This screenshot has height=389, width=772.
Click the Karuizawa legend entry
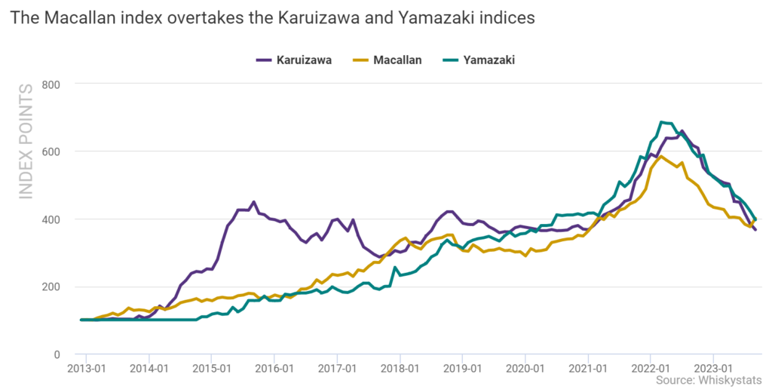[294, 60]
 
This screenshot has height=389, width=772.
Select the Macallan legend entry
[387, 60]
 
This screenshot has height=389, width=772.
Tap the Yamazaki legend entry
[479, 60]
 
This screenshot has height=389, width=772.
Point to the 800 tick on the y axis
[51, 84]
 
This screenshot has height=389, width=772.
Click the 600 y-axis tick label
[51, 152]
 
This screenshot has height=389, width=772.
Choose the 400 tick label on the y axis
[51, 219]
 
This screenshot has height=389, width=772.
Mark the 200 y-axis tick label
[51, 287]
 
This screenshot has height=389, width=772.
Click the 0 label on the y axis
[57, 354]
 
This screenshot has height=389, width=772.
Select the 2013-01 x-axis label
[86, 369]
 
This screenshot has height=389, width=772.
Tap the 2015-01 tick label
[212, 369]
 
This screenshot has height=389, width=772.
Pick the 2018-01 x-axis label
[400, 369]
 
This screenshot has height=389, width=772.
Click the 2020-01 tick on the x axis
[525, 369]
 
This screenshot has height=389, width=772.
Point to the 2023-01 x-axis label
[713, 369]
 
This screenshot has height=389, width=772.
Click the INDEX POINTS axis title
[26, 142]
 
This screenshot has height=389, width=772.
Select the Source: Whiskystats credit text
[709, 380]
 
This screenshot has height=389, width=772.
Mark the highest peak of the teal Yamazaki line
[662, 122]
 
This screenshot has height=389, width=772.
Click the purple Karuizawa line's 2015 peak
[253, 202]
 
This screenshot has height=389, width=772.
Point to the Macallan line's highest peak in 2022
[661, 157]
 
